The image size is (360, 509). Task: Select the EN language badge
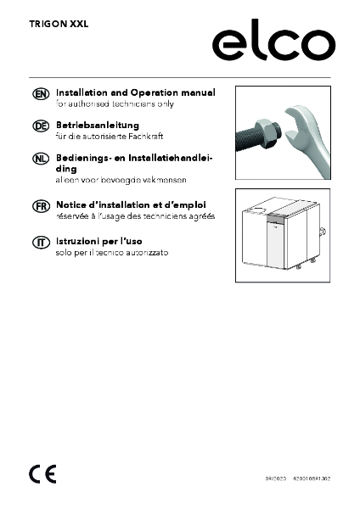coord(39,92)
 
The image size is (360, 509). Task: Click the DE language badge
coord(39,126)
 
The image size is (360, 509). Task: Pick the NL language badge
coord(39,159)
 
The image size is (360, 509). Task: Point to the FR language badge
coord(39,206)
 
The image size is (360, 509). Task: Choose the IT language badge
coord(39,243)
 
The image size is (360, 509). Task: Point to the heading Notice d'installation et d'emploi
coord(135,205)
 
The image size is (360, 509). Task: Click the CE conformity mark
coord(39,472)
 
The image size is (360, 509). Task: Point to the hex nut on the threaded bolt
coord(265,131)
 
